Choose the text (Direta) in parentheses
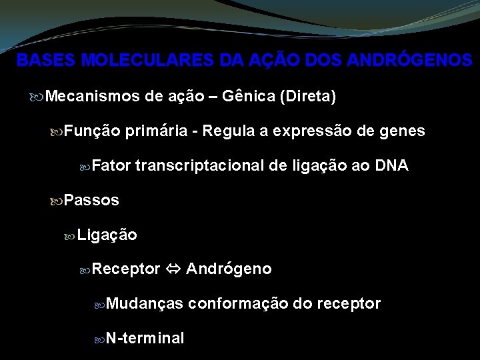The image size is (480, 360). (x=308, y=97)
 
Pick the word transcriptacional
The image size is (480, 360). (x=200, y=166)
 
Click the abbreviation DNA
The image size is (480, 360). (x=391, y=166)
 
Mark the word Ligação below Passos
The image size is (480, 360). (x=107, y=235)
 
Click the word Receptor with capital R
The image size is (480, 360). (x=126, y=269)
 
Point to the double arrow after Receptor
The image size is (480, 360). (x=173, y=269)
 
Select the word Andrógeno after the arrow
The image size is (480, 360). (x=229, y=269)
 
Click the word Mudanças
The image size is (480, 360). (x=144, y=304)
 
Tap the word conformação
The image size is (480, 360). (x=238, y=304)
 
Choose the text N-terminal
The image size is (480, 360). (x=145, y=339)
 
